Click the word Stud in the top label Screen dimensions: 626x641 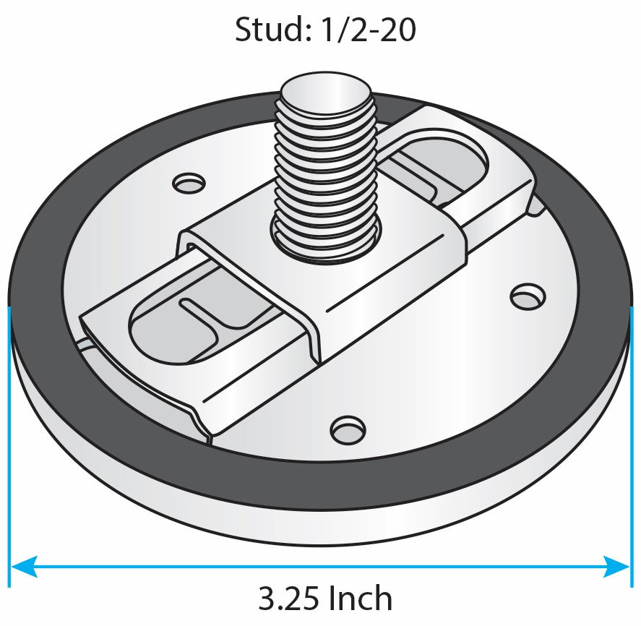pos(263,30)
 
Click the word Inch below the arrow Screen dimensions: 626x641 pos(360,599)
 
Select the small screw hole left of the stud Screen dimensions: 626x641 pos(190,183)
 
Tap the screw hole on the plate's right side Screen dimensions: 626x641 pos(527,296)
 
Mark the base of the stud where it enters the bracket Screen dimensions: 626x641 pos(327,242)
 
